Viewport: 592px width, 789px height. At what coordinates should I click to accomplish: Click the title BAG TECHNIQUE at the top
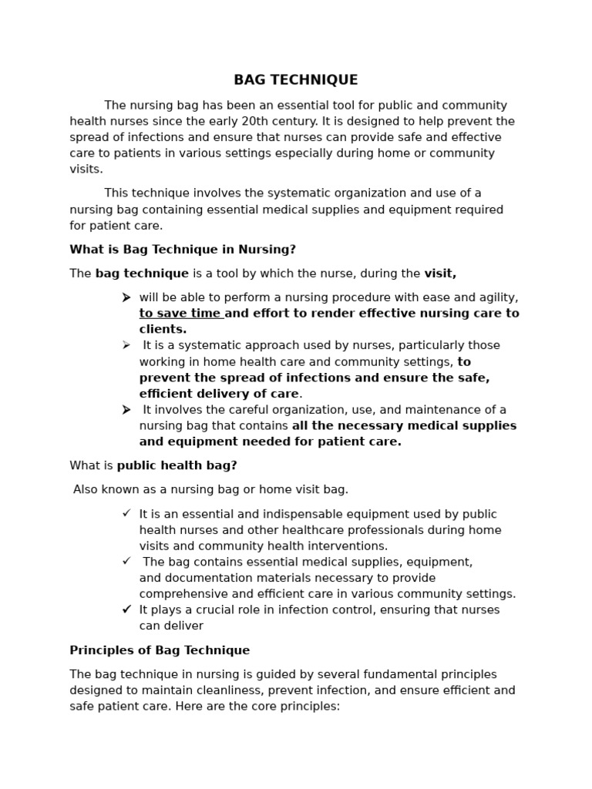(x=296, y=80)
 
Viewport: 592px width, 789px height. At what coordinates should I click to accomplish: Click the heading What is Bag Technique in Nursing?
(x=183, y=250)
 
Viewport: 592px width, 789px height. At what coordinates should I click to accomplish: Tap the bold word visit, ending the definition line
(x=440, y=274)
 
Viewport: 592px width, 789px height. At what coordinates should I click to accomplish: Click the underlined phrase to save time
(x=180, y=314)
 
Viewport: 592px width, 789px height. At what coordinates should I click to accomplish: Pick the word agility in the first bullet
(x=496, y=297)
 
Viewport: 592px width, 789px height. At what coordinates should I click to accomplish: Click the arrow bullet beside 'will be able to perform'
(x=126, y=297)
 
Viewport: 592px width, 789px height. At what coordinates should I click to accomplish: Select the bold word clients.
(x=163, y=330)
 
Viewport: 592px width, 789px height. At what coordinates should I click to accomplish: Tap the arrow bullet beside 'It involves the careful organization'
(x=126, y=410)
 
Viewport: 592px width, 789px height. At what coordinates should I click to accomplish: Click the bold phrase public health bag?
(x=177, y=465)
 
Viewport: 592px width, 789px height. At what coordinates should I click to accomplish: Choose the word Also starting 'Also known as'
(x=87, y=489)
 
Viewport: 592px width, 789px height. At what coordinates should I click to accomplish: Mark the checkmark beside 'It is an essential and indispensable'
(x=126, y=514)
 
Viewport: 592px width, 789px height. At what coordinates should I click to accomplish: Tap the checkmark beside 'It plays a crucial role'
(x=126, y=609)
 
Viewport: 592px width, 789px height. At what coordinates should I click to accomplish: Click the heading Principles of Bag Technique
(x=160, y=650)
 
